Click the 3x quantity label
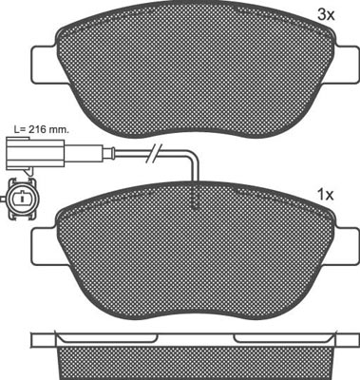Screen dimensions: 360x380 pos(326,14)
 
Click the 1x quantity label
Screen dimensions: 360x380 pos(326,195)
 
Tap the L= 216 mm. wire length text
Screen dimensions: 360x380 pos(42,129)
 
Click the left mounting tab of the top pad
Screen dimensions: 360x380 pos(47,65)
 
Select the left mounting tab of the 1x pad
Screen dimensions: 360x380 pos(47,247)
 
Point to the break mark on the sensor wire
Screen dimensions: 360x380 pos(154,153)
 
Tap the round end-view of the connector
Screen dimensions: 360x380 pos(22,199)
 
